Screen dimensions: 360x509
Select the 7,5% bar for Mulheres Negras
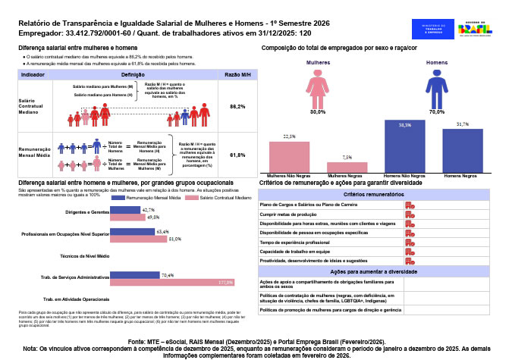347,167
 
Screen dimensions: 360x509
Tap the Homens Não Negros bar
405,146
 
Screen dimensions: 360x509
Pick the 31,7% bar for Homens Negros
463,150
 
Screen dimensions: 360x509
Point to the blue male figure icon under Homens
435,87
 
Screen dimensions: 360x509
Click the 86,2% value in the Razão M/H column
237,107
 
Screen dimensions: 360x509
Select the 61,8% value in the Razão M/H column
237,155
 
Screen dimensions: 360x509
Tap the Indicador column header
33,76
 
